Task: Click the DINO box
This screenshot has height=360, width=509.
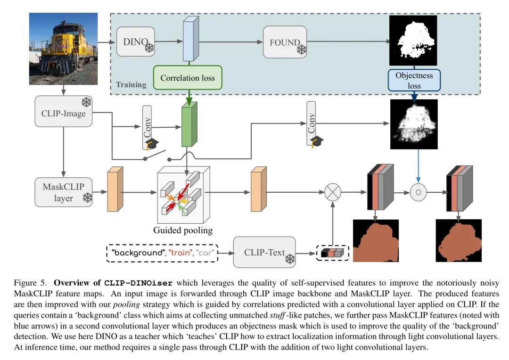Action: coord(135,42)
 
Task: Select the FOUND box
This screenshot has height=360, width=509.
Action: coord(285,42)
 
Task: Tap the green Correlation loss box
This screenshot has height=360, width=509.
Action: coord(187,78)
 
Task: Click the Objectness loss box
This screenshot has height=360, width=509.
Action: coord(414,80)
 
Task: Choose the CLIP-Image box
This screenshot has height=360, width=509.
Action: coord(63,112)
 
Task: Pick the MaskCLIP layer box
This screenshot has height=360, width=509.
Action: coord(63,192)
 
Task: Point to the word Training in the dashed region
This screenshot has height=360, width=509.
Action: coord(131,85)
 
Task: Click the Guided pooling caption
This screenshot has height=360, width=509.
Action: coord(183,231)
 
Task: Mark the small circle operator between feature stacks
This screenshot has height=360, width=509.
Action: coord(418,192)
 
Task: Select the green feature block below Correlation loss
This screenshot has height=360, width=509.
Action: coord(189,125)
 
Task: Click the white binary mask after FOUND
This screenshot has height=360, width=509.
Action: coord(413,41)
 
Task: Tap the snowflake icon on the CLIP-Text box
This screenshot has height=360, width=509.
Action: coord(289,259)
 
